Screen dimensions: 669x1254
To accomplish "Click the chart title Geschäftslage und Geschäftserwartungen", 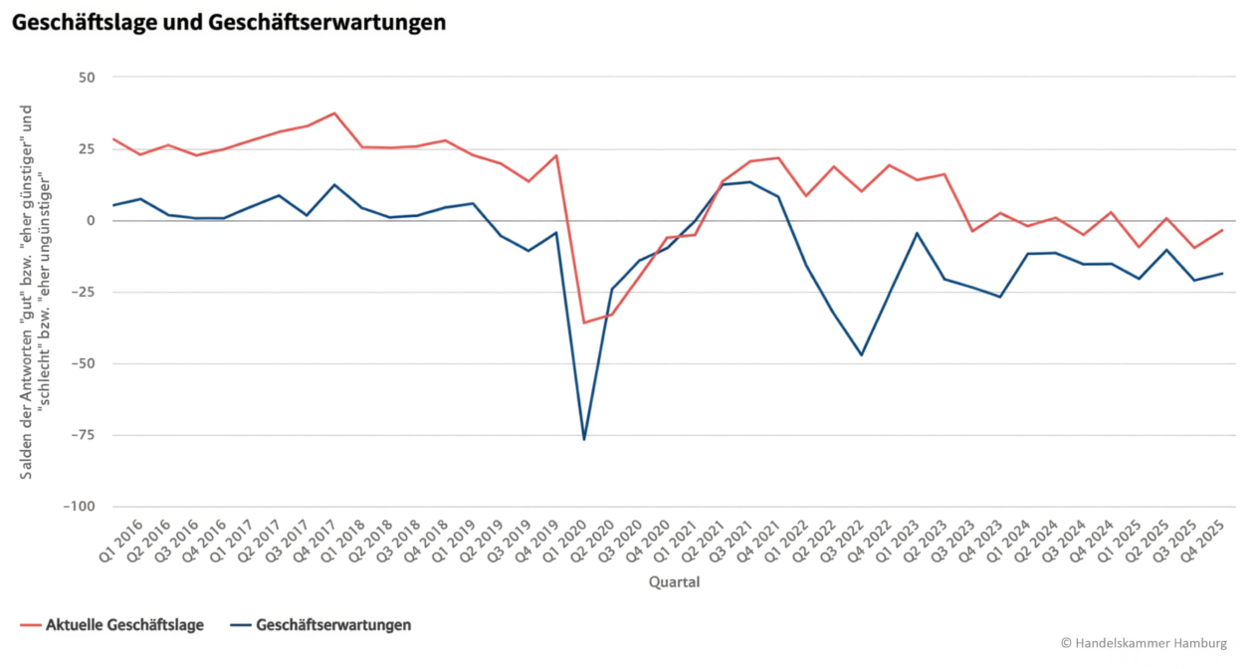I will pyautogui.click(x=228, y=22).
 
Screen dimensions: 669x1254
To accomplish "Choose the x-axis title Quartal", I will pyautogui.click(x=674, y=582).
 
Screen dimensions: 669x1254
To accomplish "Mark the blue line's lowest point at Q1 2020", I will pyautogui.click(x=584, y=439).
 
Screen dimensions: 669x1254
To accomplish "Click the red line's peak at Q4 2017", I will pyautogui.click(x=334, y=113).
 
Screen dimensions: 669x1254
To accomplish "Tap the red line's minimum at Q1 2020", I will pyautogui.click(x=584, y=323).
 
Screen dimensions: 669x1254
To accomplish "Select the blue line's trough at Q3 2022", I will pyautogui.click(x=862, y=354).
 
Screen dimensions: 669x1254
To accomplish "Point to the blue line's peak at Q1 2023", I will pyautogui.click(x=917, y=233).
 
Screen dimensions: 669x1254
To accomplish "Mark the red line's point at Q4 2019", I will pyautogui.click(x=556, y=155).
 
